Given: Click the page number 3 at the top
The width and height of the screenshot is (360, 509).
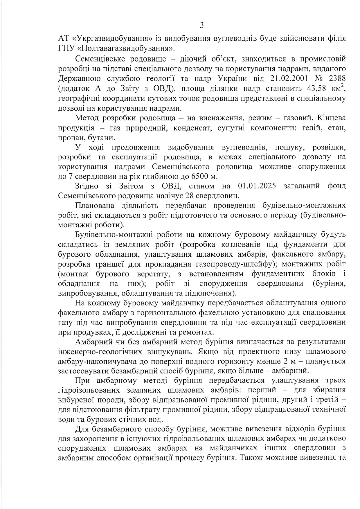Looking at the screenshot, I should click(202, 25).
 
